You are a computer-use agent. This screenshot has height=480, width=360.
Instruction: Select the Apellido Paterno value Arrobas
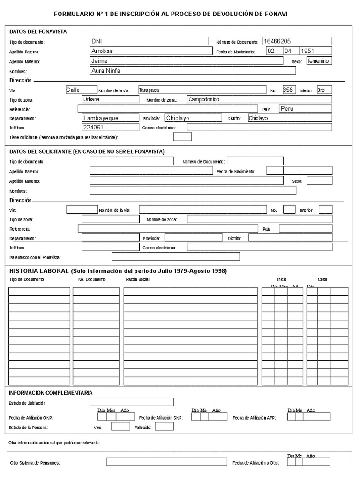click(x=102, y=51)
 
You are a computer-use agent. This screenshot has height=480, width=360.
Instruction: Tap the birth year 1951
click(x=307, y=51)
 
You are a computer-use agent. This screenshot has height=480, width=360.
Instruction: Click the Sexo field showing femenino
click(x=319, y=61)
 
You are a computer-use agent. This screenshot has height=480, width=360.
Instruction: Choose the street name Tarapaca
click(x=149, y=90)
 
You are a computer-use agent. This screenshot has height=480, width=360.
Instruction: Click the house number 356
click(x=289, y=90)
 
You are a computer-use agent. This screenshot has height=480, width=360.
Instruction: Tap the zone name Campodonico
click(x=204, y=99)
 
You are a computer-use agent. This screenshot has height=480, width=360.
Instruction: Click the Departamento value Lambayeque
click(x=101, y=118)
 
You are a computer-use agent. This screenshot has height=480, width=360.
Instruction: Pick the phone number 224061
click(x=94, y=127)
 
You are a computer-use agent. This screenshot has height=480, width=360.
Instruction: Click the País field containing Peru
click(x=287, y=108)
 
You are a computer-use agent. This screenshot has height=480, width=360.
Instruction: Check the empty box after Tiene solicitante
click(x=182, y=137)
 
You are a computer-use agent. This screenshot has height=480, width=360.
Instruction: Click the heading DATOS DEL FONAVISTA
click(x=38, y=31)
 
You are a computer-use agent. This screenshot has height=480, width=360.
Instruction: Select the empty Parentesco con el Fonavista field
click(x=175, y=256)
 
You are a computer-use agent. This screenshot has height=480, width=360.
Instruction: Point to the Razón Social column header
click(x=138, y=279)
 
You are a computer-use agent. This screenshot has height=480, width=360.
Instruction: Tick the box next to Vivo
click(x=120, y=427)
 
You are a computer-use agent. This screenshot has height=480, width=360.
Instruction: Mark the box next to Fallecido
click(x=164, y=427)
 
